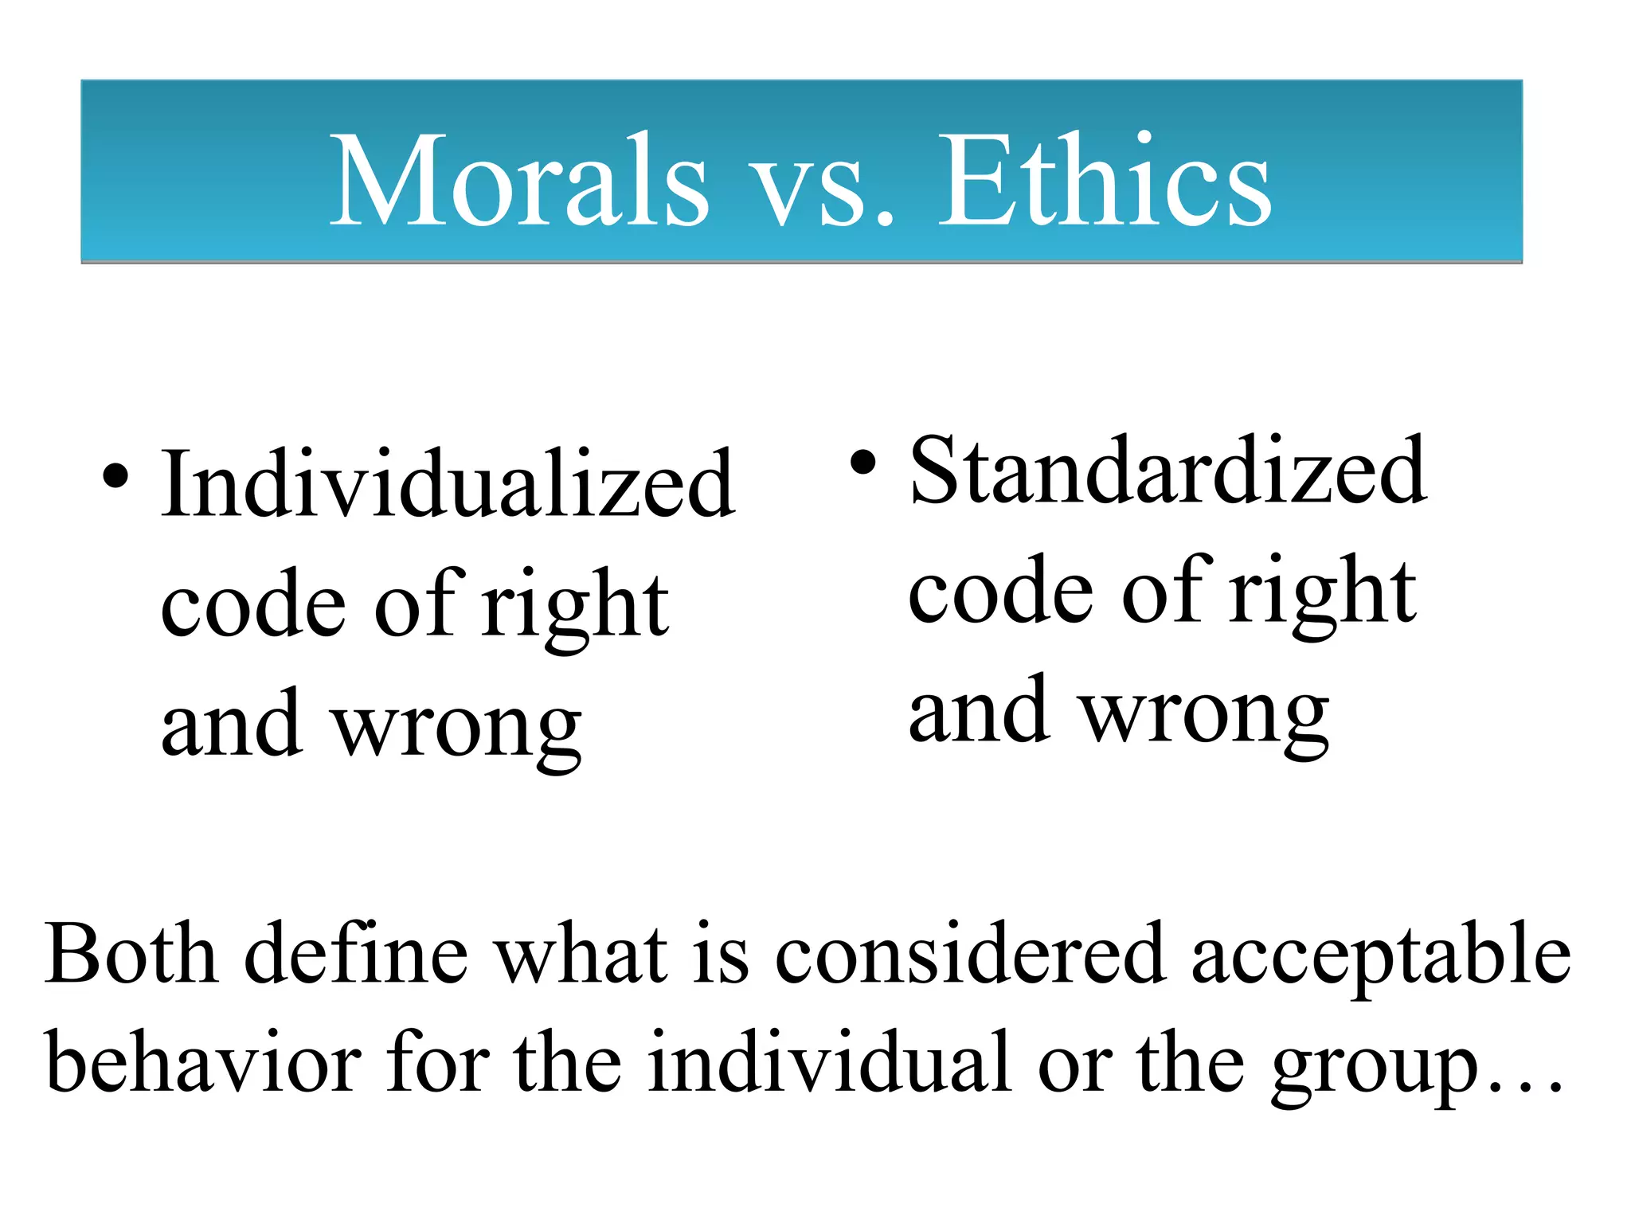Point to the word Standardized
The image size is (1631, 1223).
[1168, 471]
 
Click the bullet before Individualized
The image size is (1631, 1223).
[115, 476]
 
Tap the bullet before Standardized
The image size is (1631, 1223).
[863, 462]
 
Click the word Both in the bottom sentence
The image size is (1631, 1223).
[131, 954]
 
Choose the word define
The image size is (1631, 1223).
[356, 954]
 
